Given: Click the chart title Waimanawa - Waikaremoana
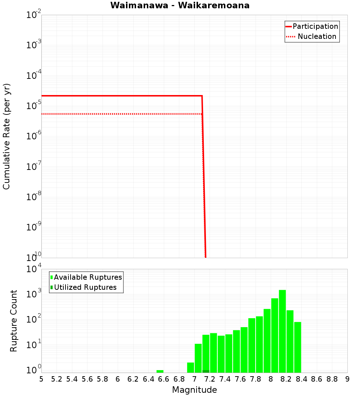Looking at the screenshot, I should point(180,5).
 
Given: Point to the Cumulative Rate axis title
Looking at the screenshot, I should point(6,136).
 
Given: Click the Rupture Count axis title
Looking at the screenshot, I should point(14,321).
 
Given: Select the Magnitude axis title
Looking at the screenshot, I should point(194,390).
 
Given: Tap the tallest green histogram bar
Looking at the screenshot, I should point(282,331).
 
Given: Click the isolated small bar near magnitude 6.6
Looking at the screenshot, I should point(160,371).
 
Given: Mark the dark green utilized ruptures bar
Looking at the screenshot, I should point(206,371).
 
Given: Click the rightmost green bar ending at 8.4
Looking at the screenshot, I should point(297,347).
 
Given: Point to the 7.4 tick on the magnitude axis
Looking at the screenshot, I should point(225,379).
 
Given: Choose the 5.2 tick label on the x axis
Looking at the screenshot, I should point(57,379).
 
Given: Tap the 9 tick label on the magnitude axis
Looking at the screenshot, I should point(347,379).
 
